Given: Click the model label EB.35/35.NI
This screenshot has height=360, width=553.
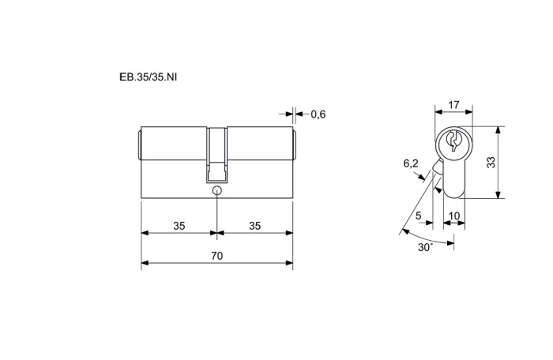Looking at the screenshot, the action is (x=149, y=77).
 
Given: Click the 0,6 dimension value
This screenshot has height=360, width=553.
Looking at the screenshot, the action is (x=318, y=114).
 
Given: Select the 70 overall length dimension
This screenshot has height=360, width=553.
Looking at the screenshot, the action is (x=217, y=256).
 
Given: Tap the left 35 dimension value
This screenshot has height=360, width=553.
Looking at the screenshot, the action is (x=179, y=226).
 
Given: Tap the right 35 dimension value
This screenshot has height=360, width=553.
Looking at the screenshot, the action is (x=254, y=226).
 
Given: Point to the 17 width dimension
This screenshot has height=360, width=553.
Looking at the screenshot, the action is (x=454, y=105).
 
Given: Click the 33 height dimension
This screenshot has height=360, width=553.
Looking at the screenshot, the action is (x=491, y=162).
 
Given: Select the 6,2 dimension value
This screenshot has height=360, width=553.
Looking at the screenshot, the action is (x=411, y=163).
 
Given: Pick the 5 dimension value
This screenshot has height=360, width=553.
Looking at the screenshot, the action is (x=418, y=216).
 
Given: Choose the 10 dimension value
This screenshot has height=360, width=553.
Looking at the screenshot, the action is (x=454, y=216).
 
